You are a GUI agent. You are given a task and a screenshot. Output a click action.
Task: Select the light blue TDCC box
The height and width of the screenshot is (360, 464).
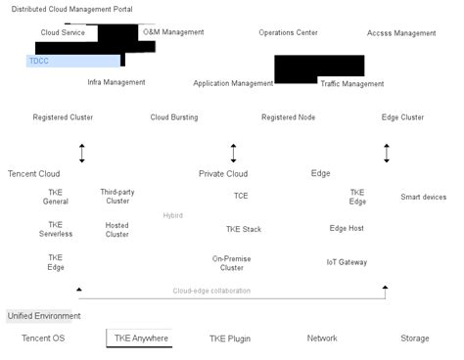[72, 61]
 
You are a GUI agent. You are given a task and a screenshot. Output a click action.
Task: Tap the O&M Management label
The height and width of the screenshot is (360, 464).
[173, 32]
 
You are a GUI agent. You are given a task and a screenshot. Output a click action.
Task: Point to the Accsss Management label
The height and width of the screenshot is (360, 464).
[401, 33]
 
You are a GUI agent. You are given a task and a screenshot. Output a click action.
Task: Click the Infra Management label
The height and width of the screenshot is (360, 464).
[116, 82]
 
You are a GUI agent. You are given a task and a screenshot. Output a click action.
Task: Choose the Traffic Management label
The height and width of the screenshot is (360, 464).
[352, 84]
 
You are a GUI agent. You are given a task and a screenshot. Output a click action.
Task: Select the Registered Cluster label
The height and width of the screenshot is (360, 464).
[63, 117]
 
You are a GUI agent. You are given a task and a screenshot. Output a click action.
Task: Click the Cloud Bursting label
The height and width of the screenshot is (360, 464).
[173, 117]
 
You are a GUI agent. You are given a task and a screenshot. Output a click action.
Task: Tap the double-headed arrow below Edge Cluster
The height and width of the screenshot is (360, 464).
[387, 154]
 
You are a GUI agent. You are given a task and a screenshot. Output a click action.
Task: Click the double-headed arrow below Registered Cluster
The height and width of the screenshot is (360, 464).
[82, 154]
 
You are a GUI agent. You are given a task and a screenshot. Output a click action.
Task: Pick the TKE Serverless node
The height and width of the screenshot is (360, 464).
[56, 230]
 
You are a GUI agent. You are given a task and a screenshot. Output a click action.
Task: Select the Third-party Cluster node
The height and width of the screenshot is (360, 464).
[116, 197]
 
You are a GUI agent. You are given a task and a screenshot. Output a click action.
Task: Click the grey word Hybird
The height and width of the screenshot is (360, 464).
[172, 215]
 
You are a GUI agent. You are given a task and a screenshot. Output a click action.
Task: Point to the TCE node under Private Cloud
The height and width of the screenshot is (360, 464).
[241, 196]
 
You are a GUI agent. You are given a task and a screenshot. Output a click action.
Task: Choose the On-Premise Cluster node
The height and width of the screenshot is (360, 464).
[232, 263]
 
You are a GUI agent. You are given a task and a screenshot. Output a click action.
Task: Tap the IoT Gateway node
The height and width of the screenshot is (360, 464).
[347, 262]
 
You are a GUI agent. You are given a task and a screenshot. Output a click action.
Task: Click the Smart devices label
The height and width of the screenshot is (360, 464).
[423, 197]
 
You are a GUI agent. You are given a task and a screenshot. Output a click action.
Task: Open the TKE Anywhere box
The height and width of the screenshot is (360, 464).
[141, 338]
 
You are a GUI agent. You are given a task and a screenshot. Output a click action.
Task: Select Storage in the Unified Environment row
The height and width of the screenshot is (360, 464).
[414, 338]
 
